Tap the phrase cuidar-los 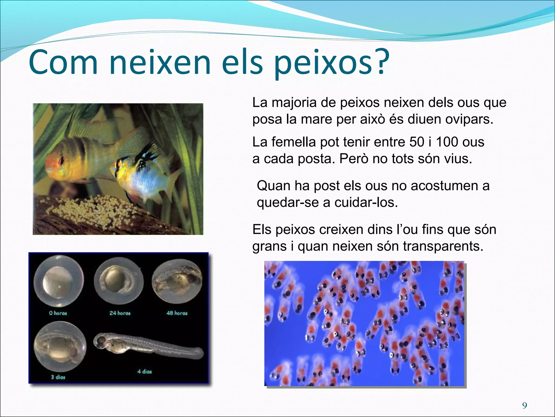click(366, 203)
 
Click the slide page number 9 click(525, 406)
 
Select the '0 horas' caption click(58, 313)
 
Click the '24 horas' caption click(120, 313)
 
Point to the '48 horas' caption click(177, 313)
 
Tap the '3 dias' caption click(58, 377)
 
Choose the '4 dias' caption click(144, 371)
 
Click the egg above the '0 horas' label click(59, 282)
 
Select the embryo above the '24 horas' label click(119, 281)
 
